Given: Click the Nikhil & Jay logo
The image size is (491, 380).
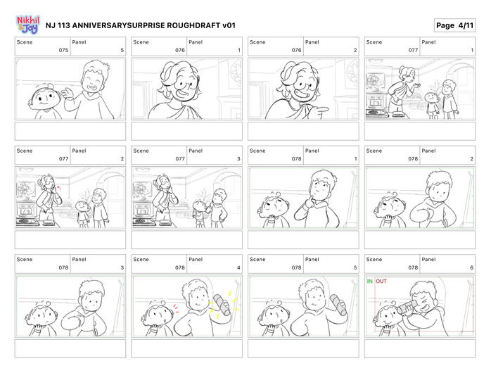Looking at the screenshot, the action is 28,25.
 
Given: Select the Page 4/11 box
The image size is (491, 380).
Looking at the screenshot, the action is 454,25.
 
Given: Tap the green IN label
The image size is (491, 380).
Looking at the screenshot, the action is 369,281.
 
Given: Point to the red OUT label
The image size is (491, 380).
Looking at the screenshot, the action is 381,281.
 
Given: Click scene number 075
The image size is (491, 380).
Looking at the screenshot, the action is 63,50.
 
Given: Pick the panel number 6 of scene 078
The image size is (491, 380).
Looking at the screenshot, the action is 471,267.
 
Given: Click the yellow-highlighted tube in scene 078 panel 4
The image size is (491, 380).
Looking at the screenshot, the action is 222,304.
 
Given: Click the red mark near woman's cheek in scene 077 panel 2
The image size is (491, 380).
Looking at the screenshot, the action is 58,188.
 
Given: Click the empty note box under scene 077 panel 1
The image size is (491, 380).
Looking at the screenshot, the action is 420,132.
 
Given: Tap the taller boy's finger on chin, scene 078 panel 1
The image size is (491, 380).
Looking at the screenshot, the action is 310,199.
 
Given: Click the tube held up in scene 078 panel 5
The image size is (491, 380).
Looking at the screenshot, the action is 338,305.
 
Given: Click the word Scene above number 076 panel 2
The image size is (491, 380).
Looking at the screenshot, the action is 257,42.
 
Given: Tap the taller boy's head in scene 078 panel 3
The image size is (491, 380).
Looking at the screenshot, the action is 91,294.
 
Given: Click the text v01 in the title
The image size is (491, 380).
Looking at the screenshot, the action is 229,25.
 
